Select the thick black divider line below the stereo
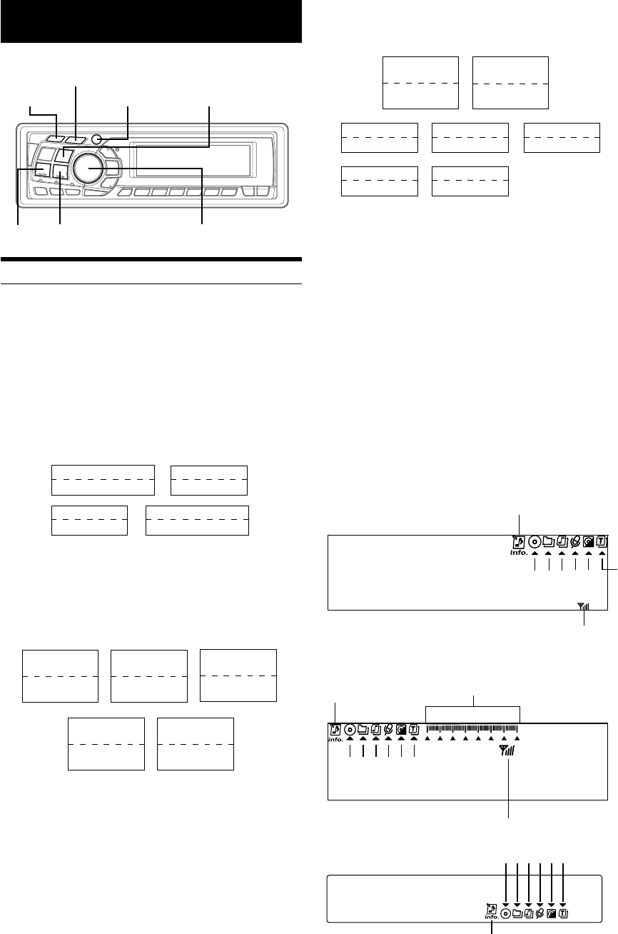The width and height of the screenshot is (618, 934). pyautogui.click(x=151, y=259)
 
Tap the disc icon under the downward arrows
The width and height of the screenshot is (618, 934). pyautogui.click(x=505, y=913)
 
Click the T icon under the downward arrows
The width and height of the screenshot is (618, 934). pyautogui.click(x=564, y=913)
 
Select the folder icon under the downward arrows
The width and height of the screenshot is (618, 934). pyautogui.click(x=517, y=913)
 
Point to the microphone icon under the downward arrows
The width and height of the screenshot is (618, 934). pyautogui.click(x=540, y=913)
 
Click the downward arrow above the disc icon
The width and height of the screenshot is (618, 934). pyautogui.click(x=506, y=903)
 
